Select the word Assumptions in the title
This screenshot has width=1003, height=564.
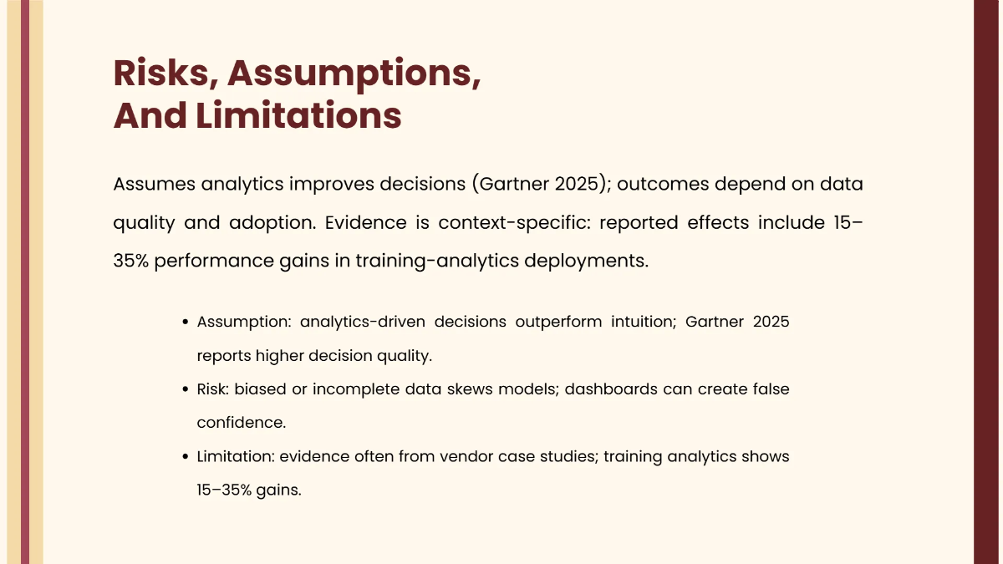pos(354,74)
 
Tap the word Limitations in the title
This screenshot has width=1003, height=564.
pos(298,115)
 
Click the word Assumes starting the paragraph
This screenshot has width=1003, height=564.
pos(154,184)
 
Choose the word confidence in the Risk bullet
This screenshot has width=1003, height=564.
pos(241,423)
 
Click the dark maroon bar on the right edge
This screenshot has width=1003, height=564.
pos(988,282)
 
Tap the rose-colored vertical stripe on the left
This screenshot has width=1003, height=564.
pos(25,282)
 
